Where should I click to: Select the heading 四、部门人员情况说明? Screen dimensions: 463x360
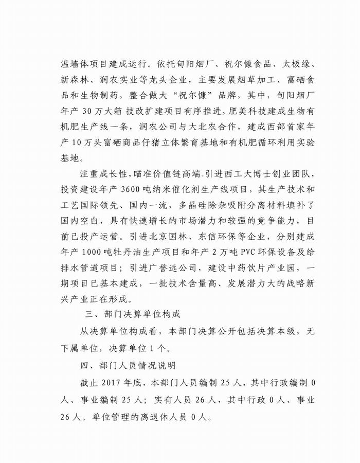tap(124, 365)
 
